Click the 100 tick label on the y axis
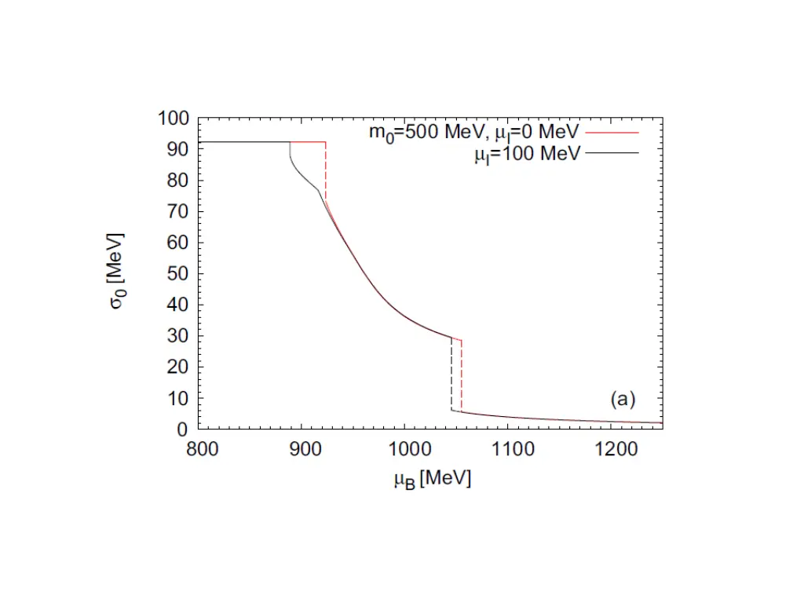coord(174,119)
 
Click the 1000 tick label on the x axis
coord(404,451)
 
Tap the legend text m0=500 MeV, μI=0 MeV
coord(475,133)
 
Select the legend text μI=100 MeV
coord(527,154)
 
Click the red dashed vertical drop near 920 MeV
coord(326,173)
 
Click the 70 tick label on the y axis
coord(177,213)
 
